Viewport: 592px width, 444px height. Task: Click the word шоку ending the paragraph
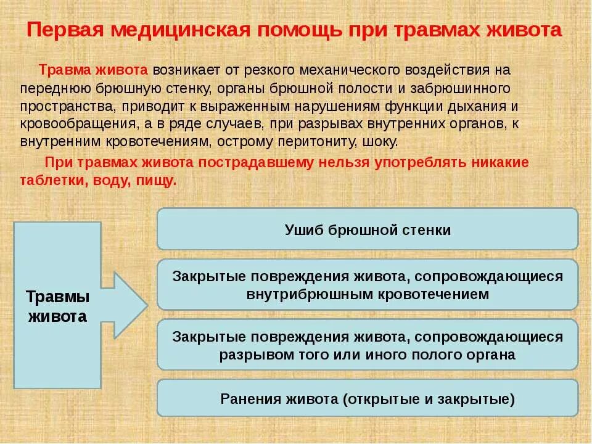pyautogui.click(x=382, y=141)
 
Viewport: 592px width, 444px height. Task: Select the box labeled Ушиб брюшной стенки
pyautogui.click(x=368, y=229)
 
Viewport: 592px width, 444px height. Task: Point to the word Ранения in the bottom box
pyautogui.click(x=250, y=398)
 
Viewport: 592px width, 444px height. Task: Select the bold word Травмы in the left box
pyautogui.click(x=57, y=297)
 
